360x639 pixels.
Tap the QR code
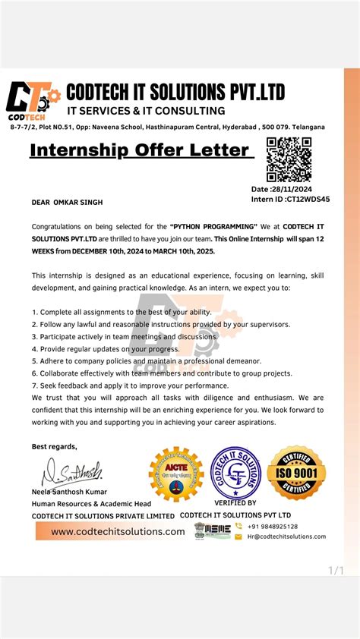click(289, 159)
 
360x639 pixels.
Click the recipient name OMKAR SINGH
click(78, 203)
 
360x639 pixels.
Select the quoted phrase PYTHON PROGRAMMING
click(215, 227)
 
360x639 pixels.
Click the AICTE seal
click(176, 474)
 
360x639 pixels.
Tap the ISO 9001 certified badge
click(297, 472)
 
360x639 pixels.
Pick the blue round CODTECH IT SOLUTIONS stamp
click(235, 473)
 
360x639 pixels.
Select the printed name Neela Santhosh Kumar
click(69, 492)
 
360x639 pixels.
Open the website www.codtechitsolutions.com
click(118, 531)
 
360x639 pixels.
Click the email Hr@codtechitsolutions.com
click(286, 537)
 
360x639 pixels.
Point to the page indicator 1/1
click(336, 570)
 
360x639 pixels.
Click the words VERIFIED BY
click(235, 502)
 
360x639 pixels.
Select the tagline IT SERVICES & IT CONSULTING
click(146, 111)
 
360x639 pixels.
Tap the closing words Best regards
click(54, 446)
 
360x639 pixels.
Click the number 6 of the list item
click(34, 373)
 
